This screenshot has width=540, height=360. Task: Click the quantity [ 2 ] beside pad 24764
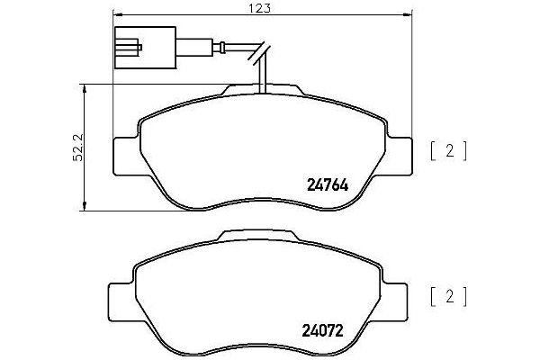[x=448, y=150]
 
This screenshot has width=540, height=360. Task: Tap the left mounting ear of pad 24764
[x=125, y=157]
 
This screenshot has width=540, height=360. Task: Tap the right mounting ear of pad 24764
[x=400, y=157]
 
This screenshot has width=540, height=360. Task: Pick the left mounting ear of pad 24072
[x=120, y=297]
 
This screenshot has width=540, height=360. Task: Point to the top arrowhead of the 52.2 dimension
[x=85, y=86]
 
